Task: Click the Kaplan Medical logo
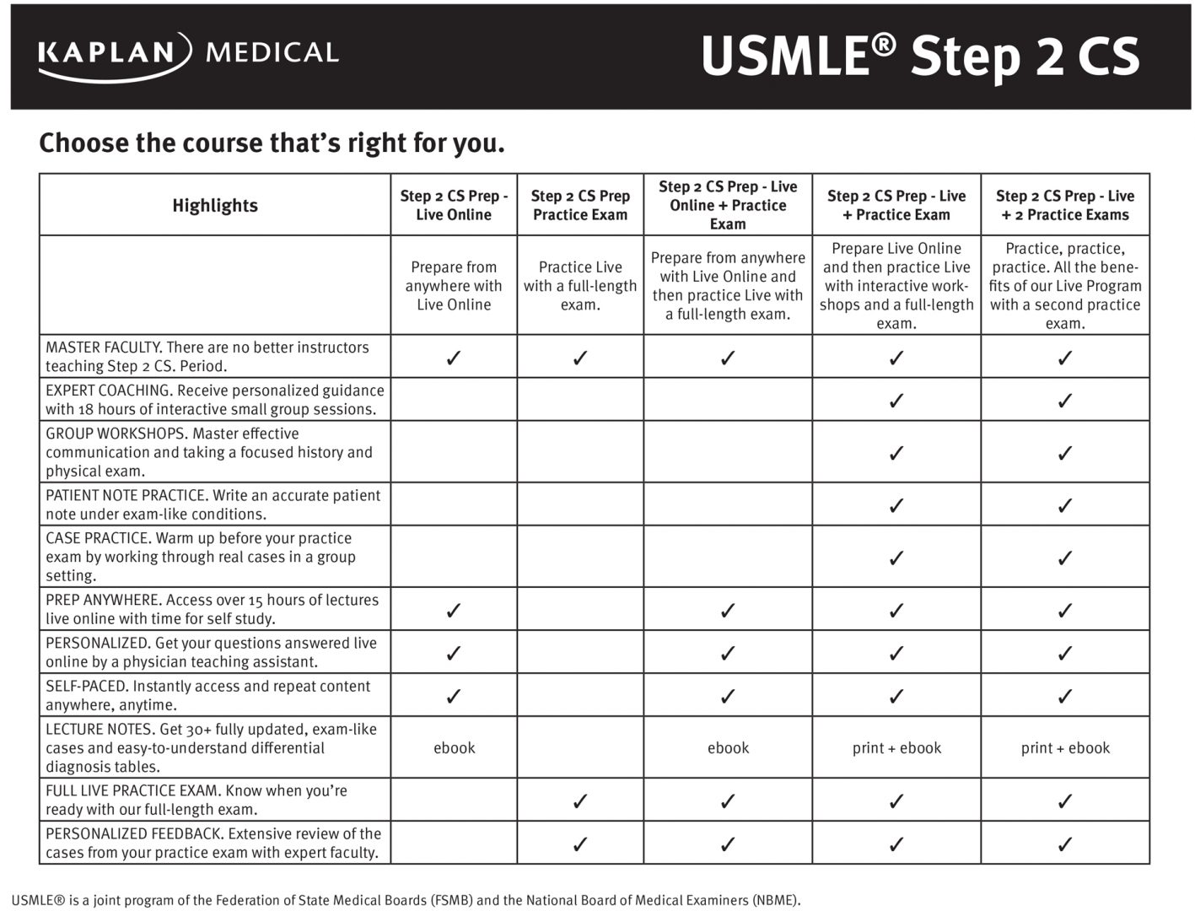188,55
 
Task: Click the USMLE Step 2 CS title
919,56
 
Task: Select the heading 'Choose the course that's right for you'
272,143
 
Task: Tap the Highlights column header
215,205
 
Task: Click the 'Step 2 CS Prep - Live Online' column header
454,205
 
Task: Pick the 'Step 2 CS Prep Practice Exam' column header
580,205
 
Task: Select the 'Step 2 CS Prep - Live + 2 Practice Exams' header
1065,205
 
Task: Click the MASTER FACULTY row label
207,357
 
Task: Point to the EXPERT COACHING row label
214,400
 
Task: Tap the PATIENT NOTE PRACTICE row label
213,504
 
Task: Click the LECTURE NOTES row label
211,747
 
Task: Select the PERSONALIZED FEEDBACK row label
213,843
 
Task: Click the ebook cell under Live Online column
454,747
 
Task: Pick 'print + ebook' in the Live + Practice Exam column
896,747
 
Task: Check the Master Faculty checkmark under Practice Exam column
580,358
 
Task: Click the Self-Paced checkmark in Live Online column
454,696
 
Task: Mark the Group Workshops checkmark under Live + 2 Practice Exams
1065,453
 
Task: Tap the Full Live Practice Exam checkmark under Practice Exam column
580,800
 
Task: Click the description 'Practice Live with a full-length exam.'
580,285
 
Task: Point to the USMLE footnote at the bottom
406,900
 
